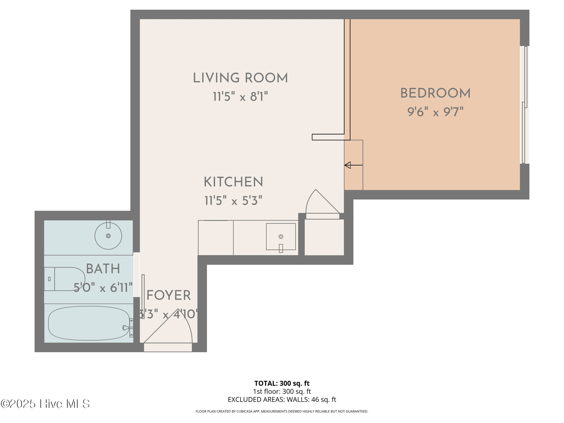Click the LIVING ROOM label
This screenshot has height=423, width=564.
tap(240, 78)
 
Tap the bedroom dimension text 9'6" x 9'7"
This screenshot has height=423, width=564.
tap(435, 112)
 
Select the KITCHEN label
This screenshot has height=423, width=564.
tap(233, 182)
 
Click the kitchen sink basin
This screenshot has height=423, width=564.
tap(281, 237)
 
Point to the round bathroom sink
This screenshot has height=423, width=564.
tap(108, 236)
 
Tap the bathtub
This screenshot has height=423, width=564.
tap(89, 323)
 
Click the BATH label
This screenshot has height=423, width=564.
tap(103, 269)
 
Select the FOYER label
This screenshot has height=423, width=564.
tap(169, 295)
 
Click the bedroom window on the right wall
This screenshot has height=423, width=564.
tap(524, 105)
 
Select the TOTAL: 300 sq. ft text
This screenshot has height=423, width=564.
tap(282, 383)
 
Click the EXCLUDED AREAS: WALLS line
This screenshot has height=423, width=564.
tap(282, 399)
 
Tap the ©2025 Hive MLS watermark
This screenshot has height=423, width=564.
tap(45, 404)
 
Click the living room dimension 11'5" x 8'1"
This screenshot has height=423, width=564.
tap(240, 97)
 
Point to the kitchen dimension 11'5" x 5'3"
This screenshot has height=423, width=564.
tap(233, 201)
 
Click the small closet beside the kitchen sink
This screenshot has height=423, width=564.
tap(324, 237)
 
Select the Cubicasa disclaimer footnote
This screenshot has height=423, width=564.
tap(282, 411)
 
